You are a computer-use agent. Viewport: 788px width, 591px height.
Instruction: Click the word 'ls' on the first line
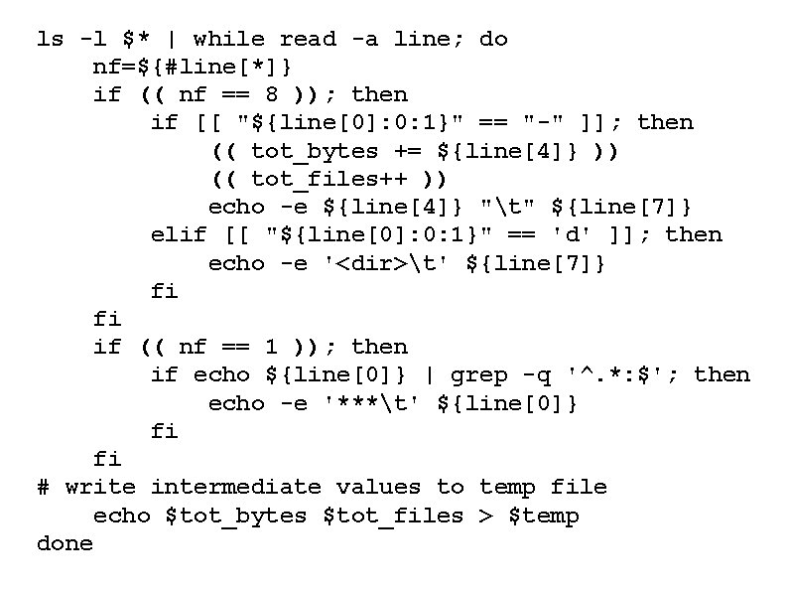(x=50, y=40)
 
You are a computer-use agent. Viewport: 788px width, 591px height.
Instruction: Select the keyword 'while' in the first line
(x=228, y=40)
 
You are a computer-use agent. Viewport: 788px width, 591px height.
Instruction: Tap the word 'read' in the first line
(x=308, y=40)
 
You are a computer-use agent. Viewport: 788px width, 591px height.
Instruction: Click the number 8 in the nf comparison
(x=272, y=95)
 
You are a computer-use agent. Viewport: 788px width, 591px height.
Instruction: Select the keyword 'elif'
(x=180, y=235)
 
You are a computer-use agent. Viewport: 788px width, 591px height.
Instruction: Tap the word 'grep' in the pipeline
(x=479, y=375)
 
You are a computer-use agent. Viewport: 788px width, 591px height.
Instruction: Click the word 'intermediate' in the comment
(x=236, y=488)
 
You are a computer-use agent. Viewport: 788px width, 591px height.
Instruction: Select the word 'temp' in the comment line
(x=507, y=488)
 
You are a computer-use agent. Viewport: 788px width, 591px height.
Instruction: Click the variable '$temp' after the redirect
(x=543, y=517)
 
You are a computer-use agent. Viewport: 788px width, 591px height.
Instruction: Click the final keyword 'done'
(x=65, y=544)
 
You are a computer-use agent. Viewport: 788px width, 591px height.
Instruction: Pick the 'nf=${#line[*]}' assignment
(x=193, y=68)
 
